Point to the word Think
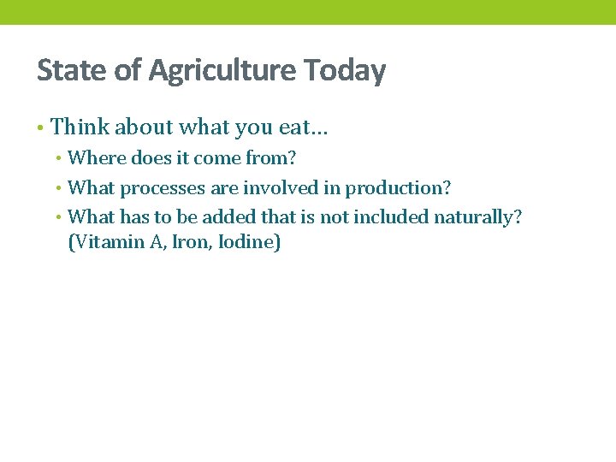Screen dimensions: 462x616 [x=80, y=127]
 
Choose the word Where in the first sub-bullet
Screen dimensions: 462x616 [x=98, y=158]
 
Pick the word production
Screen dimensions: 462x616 [x=398, y=187]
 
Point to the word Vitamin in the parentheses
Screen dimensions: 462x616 [x=99, y=242]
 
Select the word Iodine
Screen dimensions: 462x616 [x=250, y=242]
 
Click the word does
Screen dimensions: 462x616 [x=151, y=158]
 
